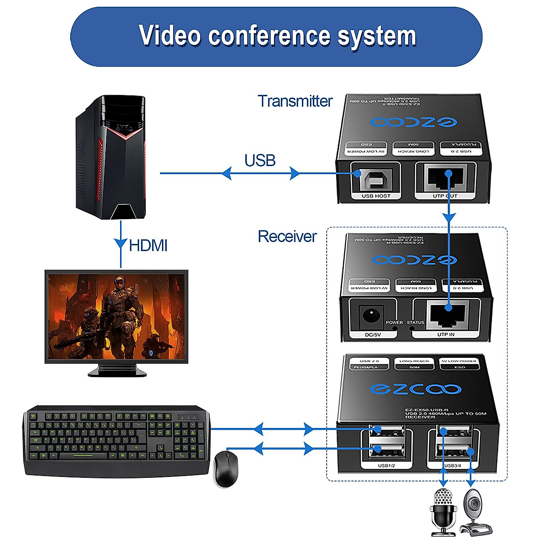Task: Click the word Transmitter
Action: (295, 101)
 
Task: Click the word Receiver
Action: (287, 237)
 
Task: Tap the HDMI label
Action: (148, 246)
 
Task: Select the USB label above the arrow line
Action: (260, 160)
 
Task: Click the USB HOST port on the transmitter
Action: (375, 180)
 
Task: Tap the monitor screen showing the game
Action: (116, 316)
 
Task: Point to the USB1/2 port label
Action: (387, 465)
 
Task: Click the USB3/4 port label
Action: (452, 465)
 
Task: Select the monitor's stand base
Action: (117, 371)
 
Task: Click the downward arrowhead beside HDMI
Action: (121, 243)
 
